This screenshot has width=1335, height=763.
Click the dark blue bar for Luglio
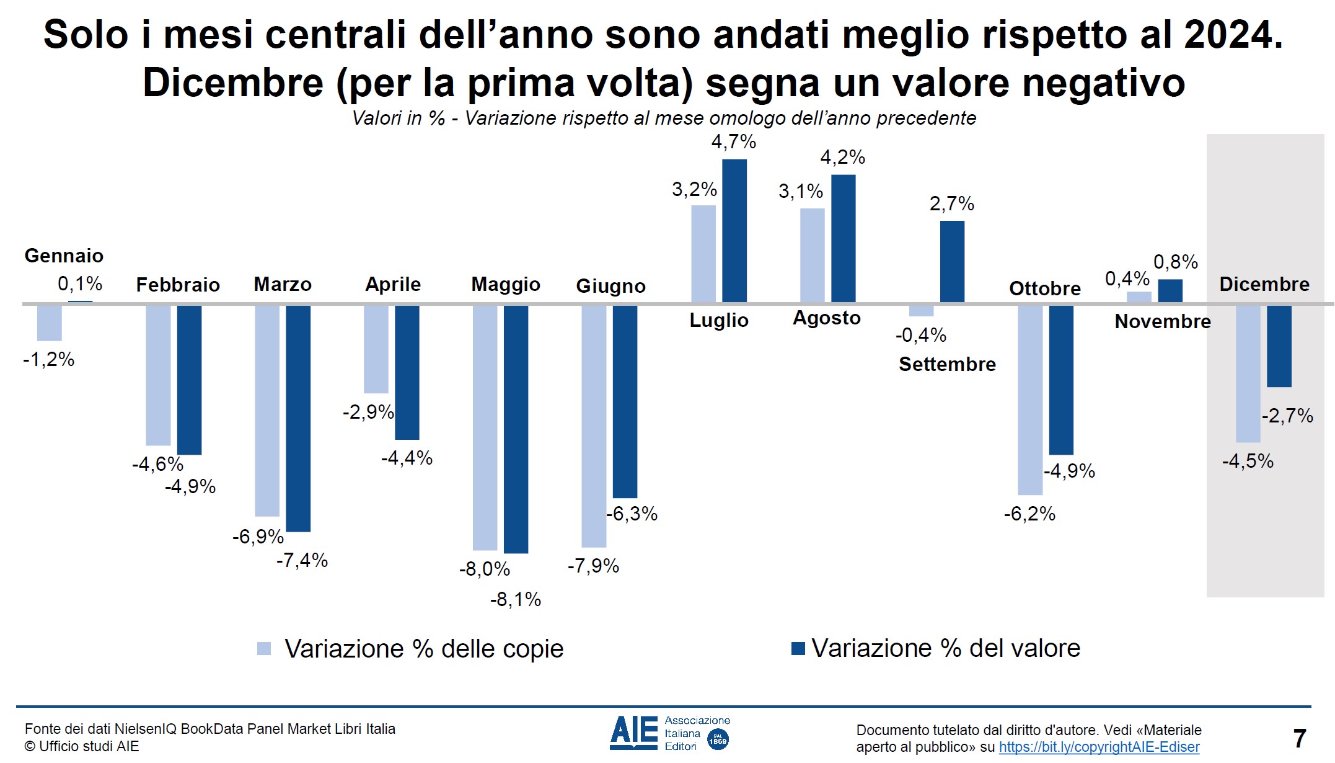(x=734, y=231)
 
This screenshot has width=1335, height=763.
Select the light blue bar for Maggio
(x=485, y=427)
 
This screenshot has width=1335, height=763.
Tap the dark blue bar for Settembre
(x=952, y=262)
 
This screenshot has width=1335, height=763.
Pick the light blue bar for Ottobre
(x=1030, y=400)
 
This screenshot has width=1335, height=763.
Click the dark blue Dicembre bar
(x=1279, y=346)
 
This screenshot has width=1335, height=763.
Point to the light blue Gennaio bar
(x=50, y=323)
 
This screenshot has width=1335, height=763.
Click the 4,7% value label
(x=733, y=142)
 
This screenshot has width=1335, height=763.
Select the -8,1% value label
(x=516, y=599)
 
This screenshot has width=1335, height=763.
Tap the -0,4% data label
(x=920, y=336)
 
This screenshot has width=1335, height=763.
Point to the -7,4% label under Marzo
(x=302, y=560)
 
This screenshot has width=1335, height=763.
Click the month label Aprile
(x=393, y=284)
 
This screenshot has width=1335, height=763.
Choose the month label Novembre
(x=1162, y=321)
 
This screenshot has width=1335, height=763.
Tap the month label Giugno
(x=610, y=286)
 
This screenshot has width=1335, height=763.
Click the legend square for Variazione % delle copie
(x=264, y=649)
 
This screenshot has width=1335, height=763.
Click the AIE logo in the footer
(x=669, y=733)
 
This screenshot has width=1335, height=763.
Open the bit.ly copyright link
(x=1099, y=747)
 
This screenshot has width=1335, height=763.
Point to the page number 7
(x=1300, y=738)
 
